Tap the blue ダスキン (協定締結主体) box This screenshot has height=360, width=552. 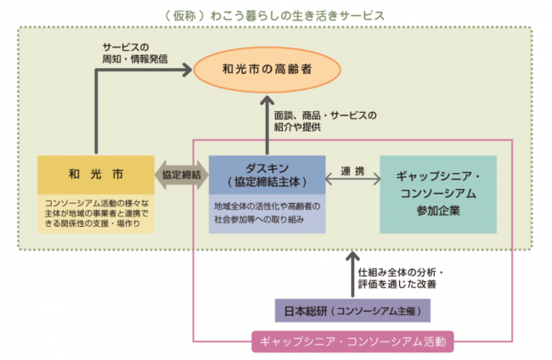pos(267,173)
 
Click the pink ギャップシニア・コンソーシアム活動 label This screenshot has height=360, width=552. pos(353,342)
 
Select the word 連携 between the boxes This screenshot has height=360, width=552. pos(352,172)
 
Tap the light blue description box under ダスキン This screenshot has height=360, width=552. pos(267,211)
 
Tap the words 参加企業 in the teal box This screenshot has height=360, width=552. pos(439,210)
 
